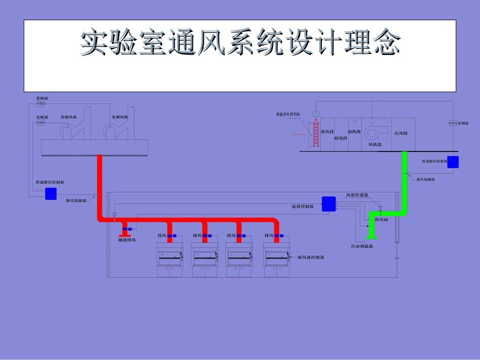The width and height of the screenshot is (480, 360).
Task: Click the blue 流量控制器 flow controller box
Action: (x=328, y=204)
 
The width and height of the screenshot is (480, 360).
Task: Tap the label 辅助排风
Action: (x=127, y=240)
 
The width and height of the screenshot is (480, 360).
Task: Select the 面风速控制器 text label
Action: (x=311, y=258)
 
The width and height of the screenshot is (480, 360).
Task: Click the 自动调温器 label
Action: (x=362, y=246)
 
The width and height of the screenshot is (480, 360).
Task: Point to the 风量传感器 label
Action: (x=357, y=195)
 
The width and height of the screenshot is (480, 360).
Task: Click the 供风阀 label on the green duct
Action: (x=381, y=220)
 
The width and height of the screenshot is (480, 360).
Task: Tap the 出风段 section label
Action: (x=401, y=133)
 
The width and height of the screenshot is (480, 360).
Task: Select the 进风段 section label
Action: (x=327, y=132)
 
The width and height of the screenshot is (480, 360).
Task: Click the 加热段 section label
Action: (x=354, y=132)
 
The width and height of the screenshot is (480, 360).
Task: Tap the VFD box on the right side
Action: (x=453, y=123)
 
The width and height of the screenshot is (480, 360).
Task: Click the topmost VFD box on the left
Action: (x=41, y=104)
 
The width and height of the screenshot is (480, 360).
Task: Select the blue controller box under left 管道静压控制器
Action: (x=51, y=193)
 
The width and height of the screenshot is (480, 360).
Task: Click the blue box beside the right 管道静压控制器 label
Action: (x=453, y=162)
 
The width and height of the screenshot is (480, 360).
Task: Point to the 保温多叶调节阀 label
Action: (x=288, y=115)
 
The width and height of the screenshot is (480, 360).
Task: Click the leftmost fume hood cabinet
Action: (x=170, y=259)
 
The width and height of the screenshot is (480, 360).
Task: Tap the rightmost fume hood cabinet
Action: (x=277, y=259)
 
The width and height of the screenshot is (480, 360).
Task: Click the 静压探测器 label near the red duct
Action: (x=76, y=200)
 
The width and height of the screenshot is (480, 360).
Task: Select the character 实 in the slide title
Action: (x=96, y=43)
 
